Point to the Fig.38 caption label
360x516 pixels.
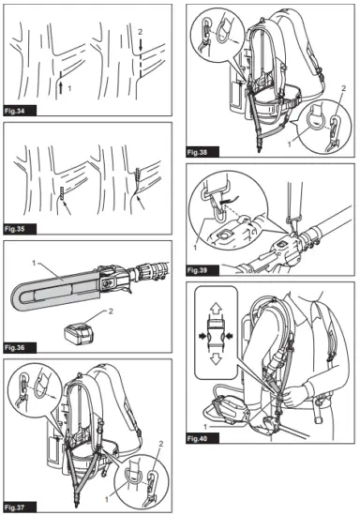click(202, 151)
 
